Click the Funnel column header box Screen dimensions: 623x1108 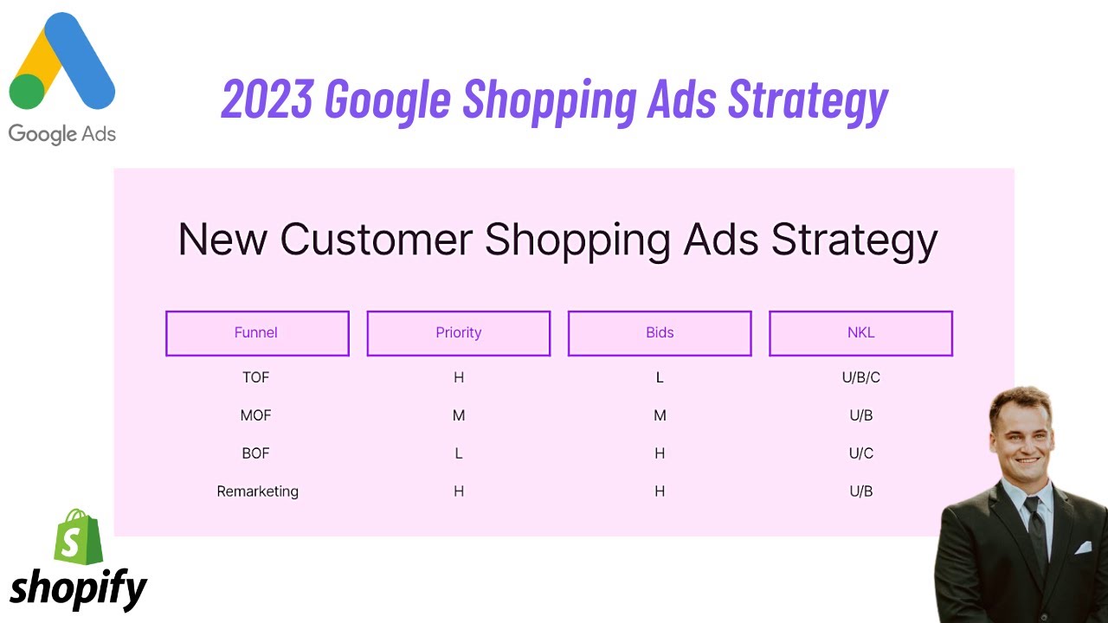(257, 333)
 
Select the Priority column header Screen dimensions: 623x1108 (458, 333)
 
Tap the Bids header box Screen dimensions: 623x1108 (660, 333)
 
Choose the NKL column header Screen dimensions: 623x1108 (860, 333)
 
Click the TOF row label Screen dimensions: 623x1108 (256, 377)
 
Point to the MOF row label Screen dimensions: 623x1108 (256, 415)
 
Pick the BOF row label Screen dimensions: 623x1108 (256, 453)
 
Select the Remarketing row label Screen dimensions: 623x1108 (257, 491)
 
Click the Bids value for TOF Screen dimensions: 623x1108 (660, 377)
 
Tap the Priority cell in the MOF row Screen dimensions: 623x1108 (459, 415)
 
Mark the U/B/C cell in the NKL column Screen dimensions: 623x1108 (860, 377)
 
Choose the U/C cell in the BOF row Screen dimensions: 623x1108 (860, 453)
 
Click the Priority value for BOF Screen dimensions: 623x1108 (459, 453)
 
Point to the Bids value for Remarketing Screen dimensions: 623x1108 (660, 491)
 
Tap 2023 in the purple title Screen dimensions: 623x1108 (267, 100)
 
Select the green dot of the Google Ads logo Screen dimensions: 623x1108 (27, 92)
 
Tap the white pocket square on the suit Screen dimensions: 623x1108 (1082, 548)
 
